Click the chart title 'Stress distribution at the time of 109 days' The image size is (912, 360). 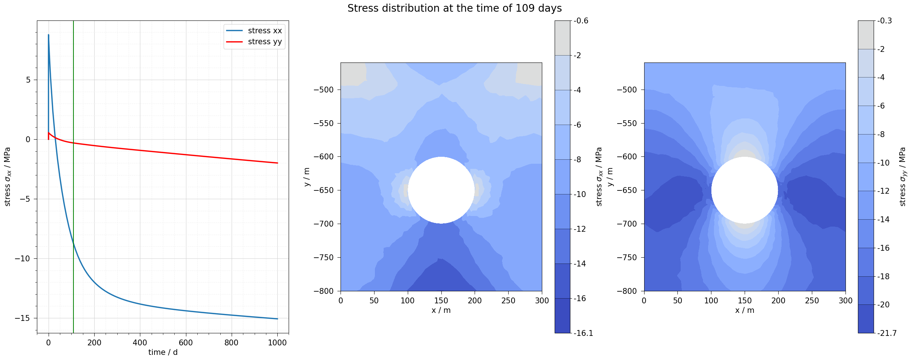click(454, 8)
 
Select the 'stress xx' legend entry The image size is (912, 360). click(265, 31)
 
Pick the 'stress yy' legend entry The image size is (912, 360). click(265, 42)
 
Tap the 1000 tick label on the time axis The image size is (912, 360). click(277, 343)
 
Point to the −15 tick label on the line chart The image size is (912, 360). click(22, 318)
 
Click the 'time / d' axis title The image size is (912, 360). click(163, 352)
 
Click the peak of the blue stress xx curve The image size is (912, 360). click(49, 35)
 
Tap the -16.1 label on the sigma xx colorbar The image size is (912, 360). click(583, 333)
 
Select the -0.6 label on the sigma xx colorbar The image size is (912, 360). click(581, 21)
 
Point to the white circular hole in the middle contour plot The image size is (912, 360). click(441, 190)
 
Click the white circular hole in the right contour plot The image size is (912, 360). click(745, 190)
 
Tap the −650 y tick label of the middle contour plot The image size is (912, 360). click(324, 190)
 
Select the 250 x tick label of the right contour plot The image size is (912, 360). click(812, 301)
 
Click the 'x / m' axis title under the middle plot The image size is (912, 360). click(441, 310)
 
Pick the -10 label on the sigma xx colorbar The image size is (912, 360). click(580, 194)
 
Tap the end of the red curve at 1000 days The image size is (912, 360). click(277, 163)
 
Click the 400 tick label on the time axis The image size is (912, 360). click(140, 343)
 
